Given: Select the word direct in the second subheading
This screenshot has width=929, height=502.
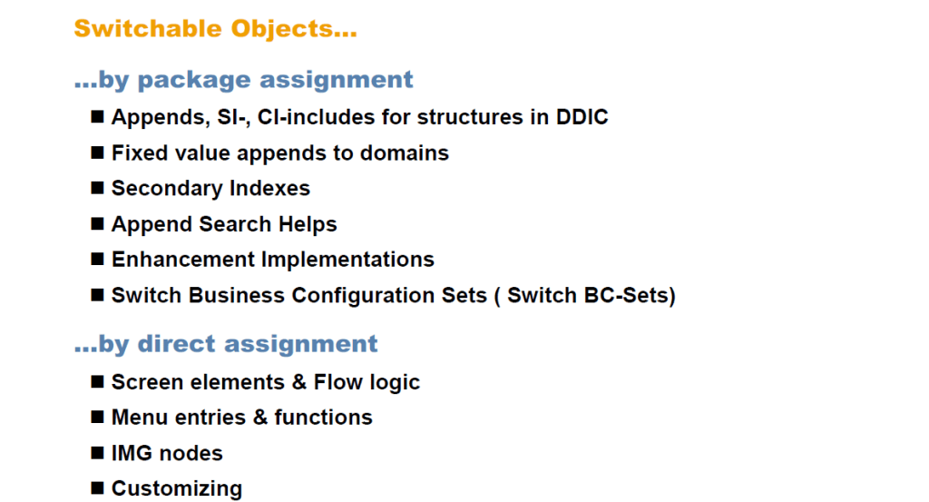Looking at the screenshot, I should pos(178,344).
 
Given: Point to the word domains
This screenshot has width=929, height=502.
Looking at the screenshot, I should pos(404,153).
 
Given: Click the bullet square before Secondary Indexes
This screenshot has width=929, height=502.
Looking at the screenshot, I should pos(97,188).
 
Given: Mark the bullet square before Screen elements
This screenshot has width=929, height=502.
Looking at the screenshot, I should pos(97,381).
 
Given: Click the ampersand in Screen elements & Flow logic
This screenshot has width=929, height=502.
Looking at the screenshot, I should pos(299,382).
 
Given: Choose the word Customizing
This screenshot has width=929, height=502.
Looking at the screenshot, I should pos(177,488).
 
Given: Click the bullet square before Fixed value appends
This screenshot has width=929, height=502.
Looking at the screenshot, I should pos(97,153).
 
